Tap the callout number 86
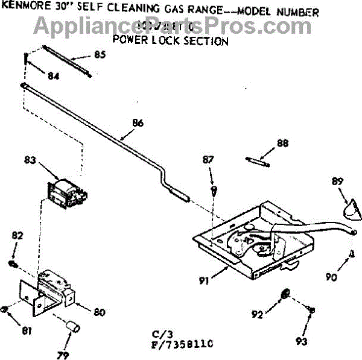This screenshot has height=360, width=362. (138, 123)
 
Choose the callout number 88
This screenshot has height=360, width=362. (282, 144)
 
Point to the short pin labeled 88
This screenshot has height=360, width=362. (258, 161)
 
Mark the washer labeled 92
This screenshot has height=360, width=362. (285, 294)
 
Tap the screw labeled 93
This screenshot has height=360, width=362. (311, 309)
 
